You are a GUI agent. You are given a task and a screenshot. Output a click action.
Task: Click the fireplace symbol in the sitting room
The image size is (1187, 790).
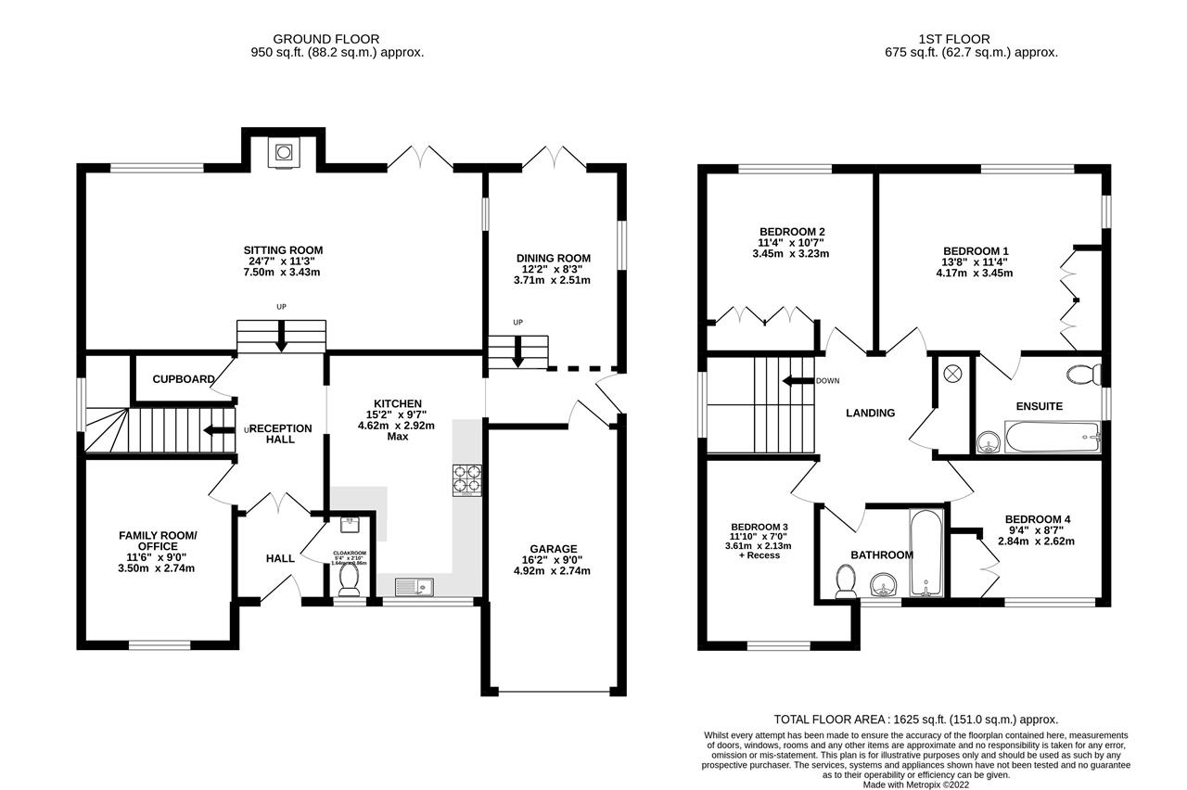tap(283, 152)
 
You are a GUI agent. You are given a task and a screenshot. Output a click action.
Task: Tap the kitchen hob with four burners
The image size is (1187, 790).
tap(466, 478)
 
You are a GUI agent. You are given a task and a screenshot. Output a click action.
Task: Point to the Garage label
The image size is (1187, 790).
tap(553, 549)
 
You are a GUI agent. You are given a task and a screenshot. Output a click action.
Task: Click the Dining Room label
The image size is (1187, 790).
tap(553, 258)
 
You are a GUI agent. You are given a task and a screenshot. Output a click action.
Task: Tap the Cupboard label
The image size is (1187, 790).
tap(184, 379)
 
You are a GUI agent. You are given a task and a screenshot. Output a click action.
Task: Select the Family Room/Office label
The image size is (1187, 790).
tap(158, 542)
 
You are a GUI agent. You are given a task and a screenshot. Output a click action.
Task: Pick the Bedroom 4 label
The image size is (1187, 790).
tap(1038, 519)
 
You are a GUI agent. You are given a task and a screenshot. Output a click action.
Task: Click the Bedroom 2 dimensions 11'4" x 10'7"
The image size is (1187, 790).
tap(792, 243)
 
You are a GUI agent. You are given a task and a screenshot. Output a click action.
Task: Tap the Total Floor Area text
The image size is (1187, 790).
tap(915, 719)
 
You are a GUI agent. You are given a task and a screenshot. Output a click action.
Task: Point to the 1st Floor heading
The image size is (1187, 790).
tap(957, 39)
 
